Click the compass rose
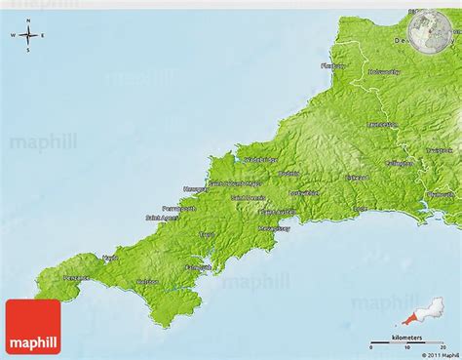27,37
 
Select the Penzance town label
76,278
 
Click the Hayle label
110,259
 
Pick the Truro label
207,235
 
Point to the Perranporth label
179,208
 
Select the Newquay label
194,188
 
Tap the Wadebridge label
261,159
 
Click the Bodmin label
289,175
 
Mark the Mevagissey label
275,228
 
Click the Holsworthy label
384,72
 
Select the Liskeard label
358,178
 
